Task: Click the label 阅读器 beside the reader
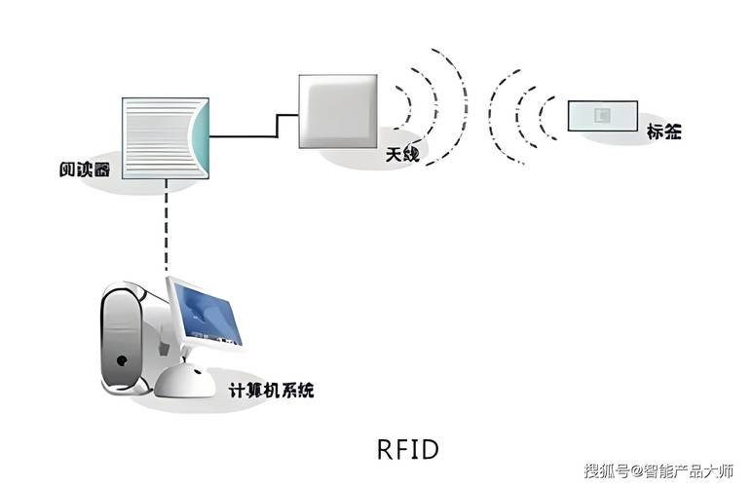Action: click(84, 169)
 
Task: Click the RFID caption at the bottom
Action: click(407, 449)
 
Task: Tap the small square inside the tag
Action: click(603, 116)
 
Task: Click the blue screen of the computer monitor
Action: click(207, 312)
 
